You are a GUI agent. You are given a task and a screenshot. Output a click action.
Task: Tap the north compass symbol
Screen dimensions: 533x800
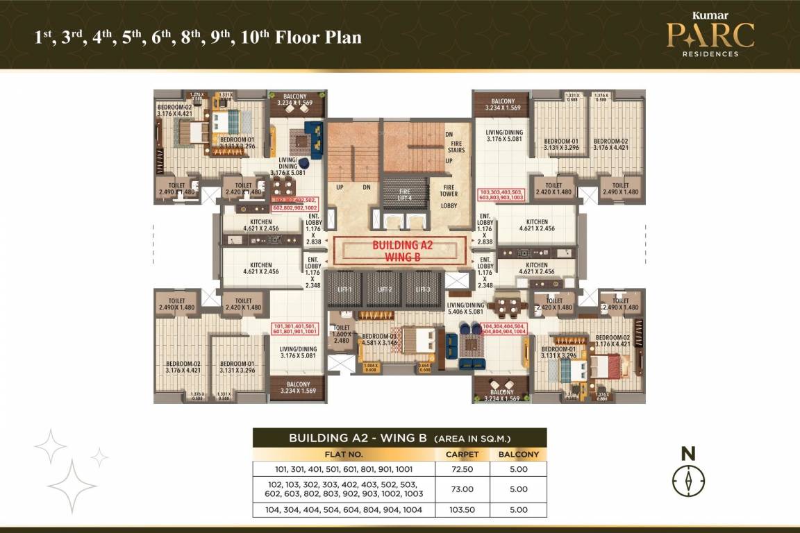(688, 480)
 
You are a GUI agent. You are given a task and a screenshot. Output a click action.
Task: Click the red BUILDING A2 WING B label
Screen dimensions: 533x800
(394, 250)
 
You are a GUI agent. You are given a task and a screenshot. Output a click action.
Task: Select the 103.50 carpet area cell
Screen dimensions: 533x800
(462, 509)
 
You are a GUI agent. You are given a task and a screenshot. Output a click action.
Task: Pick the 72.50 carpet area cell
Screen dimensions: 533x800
(462, 469)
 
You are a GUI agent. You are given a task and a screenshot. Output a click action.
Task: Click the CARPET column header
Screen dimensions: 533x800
(462, 454)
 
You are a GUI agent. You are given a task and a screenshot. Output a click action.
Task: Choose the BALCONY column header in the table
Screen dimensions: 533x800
(518, 454)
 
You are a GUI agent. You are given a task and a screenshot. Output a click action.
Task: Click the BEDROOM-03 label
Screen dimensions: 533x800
(378, 337)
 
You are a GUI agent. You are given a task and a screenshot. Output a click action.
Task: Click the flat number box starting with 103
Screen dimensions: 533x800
(501, 194)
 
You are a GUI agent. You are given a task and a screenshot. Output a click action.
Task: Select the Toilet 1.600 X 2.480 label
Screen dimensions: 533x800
(341, 334)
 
